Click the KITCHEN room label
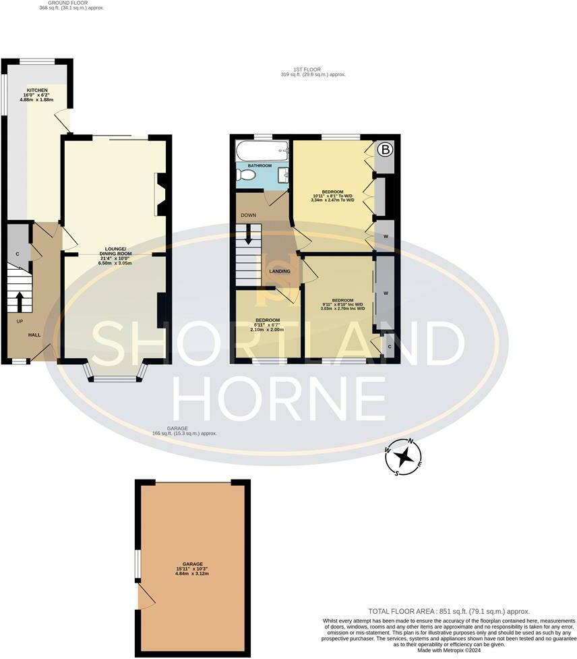click(x=38, y=90)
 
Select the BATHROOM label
click(x=260, y=165)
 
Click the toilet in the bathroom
click(x=246, y=175)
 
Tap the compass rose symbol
click(x=404, y=458)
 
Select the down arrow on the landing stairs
click(x=248, y=235)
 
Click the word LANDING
click(x=280, y=271)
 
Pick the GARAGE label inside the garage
click(x=192, y=565)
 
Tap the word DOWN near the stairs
click(x=247, y=216)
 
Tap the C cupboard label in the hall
click(x=18, y=254)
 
